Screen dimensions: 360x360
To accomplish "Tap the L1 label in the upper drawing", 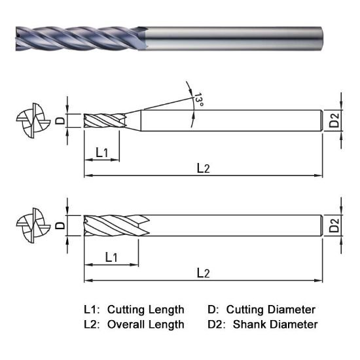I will [102, 153].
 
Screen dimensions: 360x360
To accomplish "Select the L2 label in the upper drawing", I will [204, 168].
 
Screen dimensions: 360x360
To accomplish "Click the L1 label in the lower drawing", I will [111, 257].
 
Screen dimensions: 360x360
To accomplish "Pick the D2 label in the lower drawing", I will [334, 226].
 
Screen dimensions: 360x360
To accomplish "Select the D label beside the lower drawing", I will [59, 226].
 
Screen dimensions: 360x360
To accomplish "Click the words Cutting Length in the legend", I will [145, 309].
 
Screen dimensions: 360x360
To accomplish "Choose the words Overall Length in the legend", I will [145, 324].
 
